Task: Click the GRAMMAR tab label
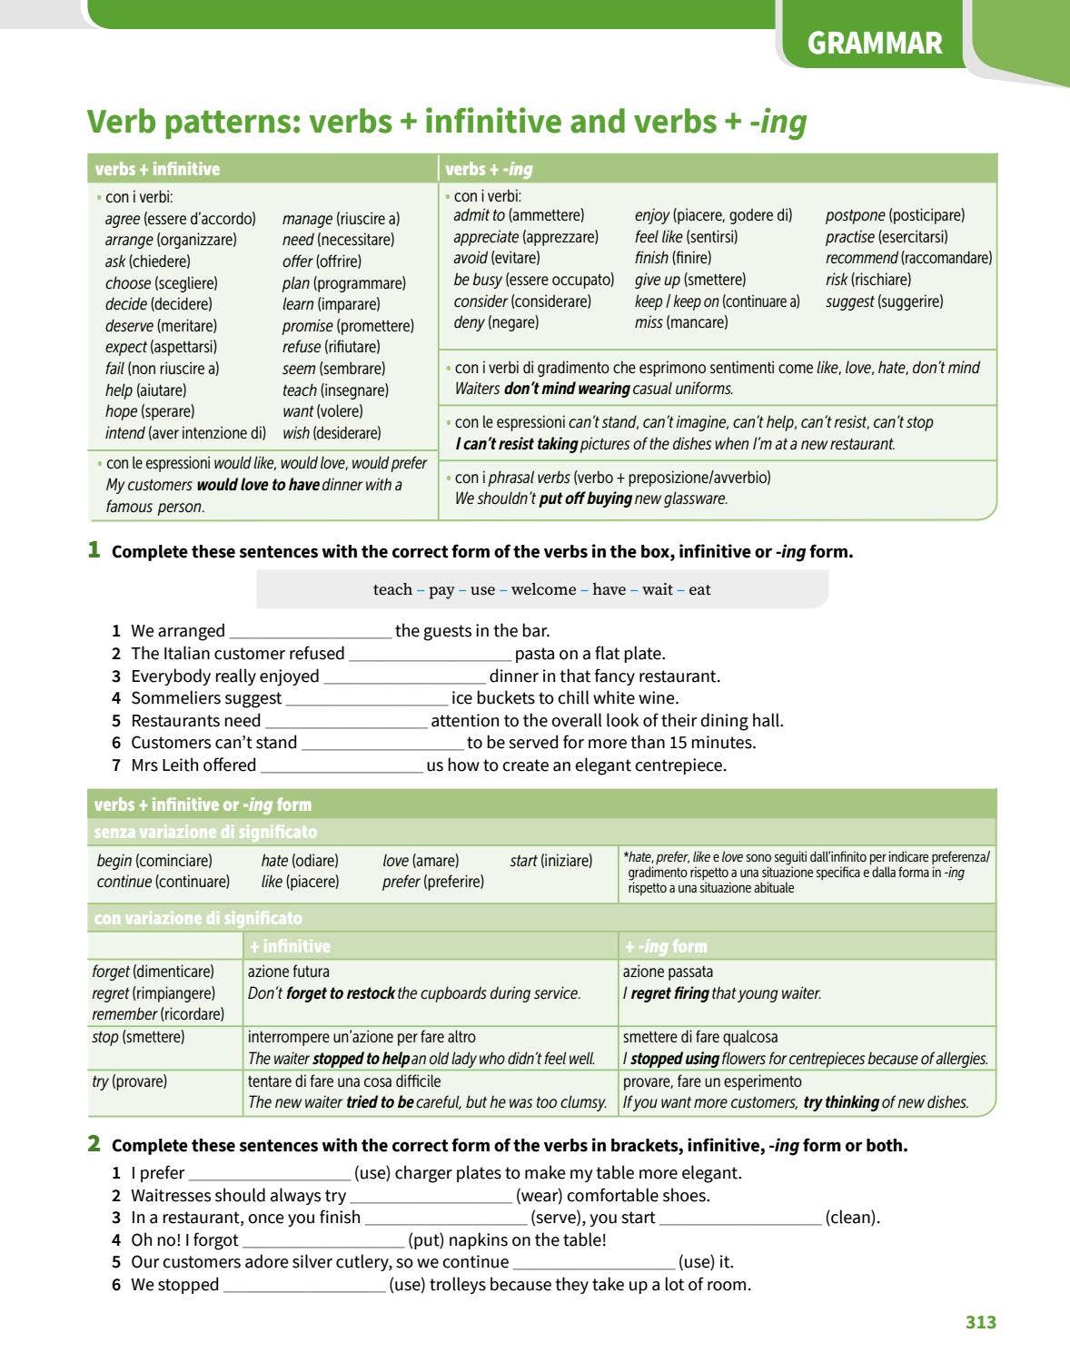point(874,44)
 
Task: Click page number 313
point(980,1322)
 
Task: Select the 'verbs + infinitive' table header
point(157,169)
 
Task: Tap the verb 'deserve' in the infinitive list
point(129,326)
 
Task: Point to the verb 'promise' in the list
point(307,326)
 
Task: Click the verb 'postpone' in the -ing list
point(855,215)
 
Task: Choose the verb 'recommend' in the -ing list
point(861,258)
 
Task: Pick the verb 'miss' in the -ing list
point(649,322)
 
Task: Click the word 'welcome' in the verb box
point(543,589)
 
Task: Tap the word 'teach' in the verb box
point(392,589)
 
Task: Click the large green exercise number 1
point(94,549)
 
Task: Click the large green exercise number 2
point(94,1144)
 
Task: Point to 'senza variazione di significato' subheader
point(205,832)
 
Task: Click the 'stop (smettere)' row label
point(138,1037)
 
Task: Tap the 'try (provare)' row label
point(130,1081)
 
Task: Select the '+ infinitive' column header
point(290,946)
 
